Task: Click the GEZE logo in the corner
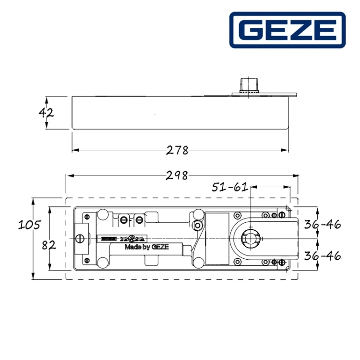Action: (x=287, y=30)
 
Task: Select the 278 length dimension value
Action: (x=178, y=150)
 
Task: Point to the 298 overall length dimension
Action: (x=178, y=176)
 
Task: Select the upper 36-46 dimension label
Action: (x=323, y=224)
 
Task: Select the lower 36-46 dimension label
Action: (x=323, y=255)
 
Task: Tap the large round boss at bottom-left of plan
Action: (x=102, y=262)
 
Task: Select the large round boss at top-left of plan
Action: (x=102, y=214)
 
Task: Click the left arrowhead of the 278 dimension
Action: (x=74, y=150)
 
